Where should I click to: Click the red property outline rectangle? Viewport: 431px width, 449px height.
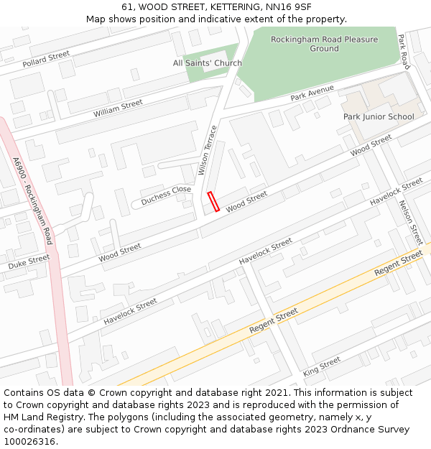pos(213,202)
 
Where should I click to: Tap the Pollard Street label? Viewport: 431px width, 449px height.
pos(46,59)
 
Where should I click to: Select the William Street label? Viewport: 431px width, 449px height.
pos(118,108)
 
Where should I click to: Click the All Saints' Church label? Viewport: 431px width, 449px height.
pos(208,63)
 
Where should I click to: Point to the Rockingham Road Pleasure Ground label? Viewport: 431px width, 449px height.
pos(324,44)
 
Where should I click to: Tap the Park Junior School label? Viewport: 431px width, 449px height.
pos(379,116)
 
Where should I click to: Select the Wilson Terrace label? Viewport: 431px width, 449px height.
pos(207,151)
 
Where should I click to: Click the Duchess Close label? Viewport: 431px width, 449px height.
pos(166,194)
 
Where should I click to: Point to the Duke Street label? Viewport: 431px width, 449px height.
pos(29,262)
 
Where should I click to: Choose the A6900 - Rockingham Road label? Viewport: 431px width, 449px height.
pos(33,200)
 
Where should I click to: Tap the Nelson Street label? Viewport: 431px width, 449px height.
pos(411,222)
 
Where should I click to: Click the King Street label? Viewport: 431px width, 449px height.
pos(321,366)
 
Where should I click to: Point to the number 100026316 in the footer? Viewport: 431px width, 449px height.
pos(29,441)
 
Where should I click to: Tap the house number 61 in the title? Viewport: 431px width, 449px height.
pos(126,7)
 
